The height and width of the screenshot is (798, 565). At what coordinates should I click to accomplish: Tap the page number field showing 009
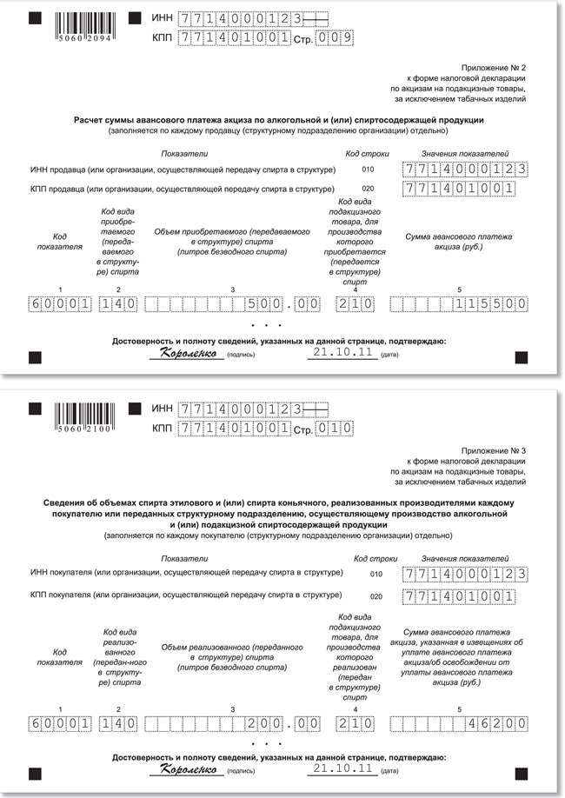(336, 37)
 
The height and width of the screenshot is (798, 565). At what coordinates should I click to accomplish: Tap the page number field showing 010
(336, 429)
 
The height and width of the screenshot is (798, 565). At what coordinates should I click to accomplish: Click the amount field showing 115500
(459, 304)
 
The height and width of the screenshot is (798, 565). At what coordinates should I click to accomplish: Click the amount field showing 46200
(459, 723)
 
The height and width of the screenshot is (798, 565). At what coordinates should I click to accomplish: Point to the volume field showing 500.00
(231, 304)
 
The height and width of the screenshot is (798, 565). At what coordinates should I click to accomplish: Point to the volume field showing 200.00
(231, 723)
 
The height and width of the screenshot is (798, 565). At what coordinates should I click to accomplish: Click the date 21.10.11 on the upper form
(342, 353)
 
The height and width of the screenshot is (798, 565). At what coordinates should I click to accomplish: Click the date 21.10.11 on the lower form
(342, 768)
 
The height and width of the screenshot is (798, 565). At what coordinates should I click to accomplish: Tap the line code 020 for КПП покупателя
(376, 597)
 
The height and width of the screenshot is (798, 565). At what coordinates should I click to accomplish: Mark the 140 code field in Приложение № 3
(117, 723)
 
